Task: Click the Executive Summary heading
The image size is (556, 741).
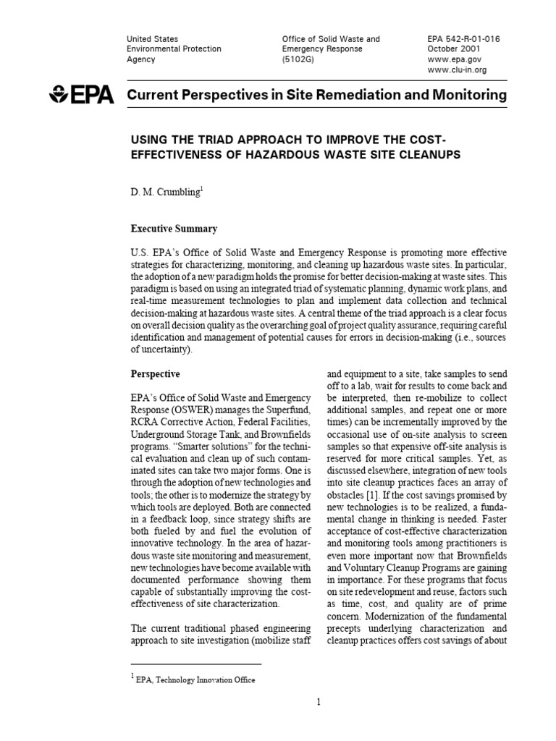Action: (x=173, y=229)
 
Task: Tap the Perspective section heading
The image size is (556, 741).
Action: (x=155, y=374)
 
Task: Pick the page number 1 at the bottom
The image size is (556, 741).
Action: (x=319, y=701)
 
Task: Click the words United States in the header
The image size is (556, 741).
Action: (x=152, y=39)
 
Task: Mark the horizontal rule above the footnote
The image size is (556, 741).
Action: (x=195, y=664)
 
